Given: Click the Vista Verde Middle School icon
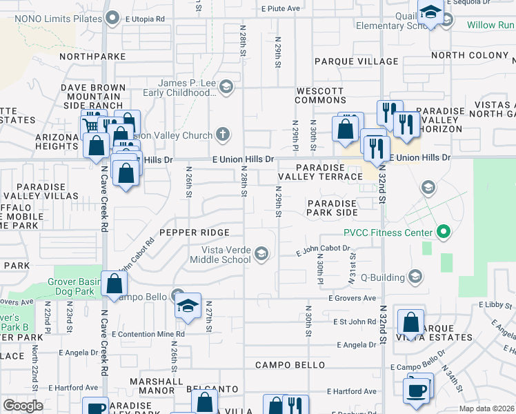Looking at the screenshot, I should [261, 255].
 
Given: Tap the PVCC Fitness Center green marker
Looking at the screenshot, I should [443, 233].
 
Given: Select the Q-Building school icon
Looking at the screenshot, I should [415, 277].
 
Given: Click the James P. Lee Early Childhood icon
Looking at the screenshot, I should [226, 88].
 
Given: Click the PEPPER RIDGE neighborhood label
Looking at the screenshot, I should [194, 233].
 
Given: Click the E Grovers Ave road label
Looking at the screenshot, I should [353, 298].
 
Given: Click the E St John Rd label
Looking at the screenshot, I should [354, 322].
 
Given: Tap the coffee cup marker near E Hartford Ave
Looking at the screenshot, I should [417, 390].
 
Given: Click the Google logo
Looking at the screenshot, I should [23, 406].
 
